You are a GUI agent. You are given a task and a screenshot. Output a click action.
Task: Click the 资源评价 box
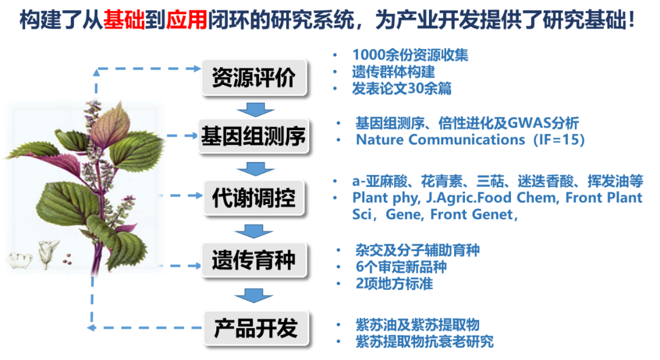point(254,77)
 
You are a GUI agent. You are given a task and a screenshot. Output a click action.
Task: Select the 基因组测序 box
point(254,138)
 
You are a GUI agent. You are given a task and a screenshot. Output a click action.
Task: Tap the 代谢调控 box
point(254,198)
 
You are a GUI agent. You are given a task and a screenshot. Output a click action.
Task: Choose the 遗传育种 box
point(254,260)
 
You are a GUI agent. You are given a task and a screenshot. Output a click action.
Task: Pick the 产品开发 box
point(255,328)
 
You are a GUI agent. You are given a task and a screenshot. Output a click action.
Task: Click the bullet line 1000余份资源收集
point(410,54)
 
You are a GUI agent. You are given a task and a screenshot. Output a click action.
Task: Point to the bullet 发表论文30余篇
point(402,88)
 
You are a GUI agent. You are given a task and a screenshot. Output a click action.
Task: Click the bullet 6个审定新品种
point(400,267)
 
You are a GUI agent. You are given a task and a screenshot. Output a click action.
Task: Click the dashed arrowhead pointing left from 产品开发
point(91,328)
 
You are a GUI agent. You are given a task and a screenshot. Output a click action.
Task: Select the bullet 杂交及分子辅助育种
point(417,250)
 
